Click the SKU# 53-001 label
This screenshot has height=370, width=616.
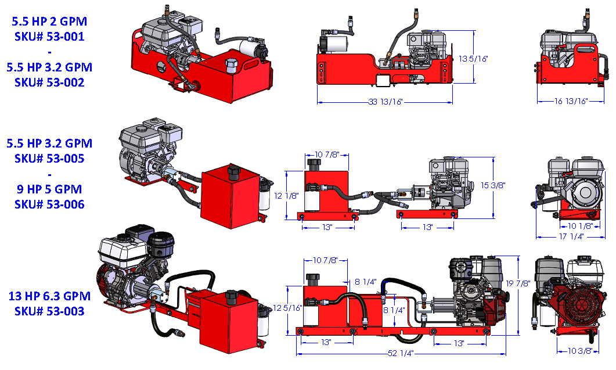pyautogui.click(x=49, y=37)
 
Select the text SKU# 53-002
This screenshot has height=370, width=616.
pyautogui.click(x=49, y=82)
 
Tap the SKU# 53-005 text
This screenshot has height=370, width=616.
pyautogui.click(x=49, y=158)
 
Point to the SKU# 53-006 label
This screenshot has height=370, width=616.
pyautogui.click(x=49, y=204)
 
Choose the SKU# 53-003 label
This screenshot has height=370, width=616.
pyautogui.click(x=49, y=311)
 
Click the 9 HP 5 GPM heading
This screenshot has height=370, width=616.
pyautogui.click(x=49, y=189)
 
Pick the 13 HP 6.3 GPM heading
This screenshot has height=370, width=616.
pyautogui.click(x=49, y=296)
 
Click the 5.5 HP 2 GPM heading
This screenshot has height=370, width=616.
pyautogui.click(x=49, y=21)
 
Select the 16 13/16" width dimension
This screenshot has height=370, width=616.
pyautogui.click(x=571, y=101)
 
